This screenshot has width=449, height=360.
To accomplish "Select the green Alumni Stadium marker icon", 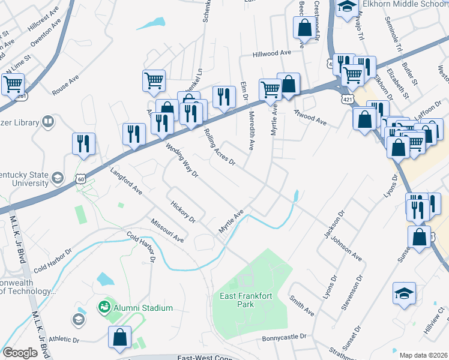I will (104, 308).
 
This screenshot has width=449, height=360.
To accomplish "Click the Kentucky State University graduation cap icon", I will (58, 178).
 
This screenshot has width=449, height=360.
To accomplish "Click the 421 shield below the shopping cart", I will (348, 97).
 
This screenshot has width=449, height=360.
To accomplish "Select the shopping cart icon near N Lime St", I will (13, 85).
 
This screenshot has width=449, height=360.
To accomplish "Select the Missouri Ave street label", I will (167, 230).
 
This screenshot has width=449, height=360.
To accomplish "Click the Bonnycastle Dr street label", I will (284, 338).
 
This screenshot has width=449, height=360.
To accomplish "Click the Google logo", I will (20, 353).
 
